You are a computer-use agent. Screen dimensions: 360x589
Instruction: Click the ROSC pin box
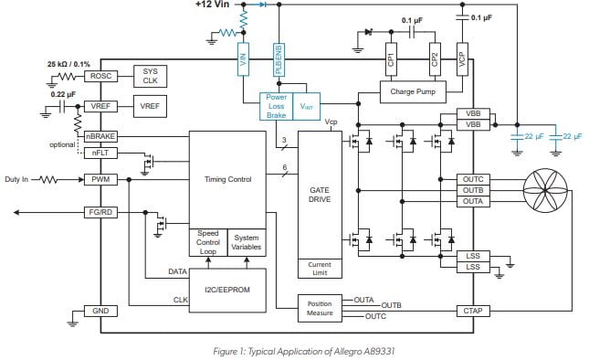pyautogui.click(x=99, y=76)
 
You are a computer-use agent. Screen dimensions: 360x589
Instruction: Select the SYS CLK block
pyautogui.click(x=149, y=76)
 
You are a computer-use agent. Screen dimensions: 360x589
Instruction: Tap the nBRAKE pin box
pyautogui.click(x=99, y=137)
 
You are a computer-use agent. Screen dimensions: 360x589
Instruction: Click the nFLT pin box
pyautogui.click(x=99, y=152)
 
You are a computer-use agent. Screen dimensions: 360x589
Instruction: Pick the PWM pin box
pyautogui.click(x=99, y=180)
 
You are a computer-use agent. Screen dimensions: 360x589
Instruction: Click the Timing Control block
pyautogui.click(x=227, y=180)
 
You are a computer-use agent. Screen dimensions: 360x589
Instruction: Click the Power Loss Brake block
pyautogui.click(x=277, y=105)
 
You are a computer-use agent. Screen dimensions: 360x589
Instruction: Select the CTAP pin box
pyautogui.click(x=474, y=312)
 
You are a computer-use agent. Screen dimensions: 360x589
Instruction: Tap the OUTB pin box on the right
pyautogui.click(x=474, y=190)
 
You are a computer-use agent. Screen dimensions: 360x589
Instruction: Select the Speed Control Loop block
pyautogui.click(x=207, y=242)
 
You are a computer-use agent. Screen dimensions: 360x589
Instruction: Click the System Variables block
pyautogui.click(x=246, y=242)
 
